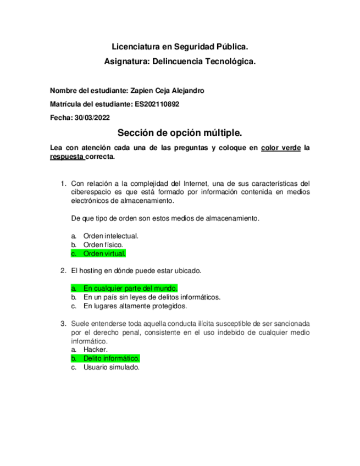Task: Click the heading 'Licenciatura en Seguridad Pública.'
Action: [180, 48]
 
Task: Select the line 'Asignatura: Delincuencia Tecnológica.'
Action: [180, 62]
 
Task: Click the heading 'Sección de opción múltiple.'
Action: [180, 134]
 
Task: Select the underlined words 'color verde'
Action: [280, 147]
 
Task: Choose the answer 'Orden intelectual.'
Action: [110, 236]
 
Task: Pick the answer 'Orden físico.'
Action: [103, 245]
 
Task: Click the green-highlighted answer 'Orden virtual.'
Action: [104, 253]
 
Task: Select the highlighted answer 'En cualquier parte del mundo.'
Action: [130, 288]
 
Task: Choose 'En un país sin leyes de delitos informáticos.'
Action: [152, 297]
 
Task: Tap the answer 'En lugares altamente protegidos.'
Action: [135, 306]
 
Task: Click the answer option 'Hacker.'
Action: [96, 349]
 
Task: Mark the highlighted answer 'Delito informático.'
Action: [111, 358]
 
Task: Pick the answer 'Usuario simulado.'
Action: [112, 367]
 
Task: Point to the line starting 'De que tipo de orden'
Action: [165, 218]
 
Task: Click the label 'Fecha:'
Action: [60, 117]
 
